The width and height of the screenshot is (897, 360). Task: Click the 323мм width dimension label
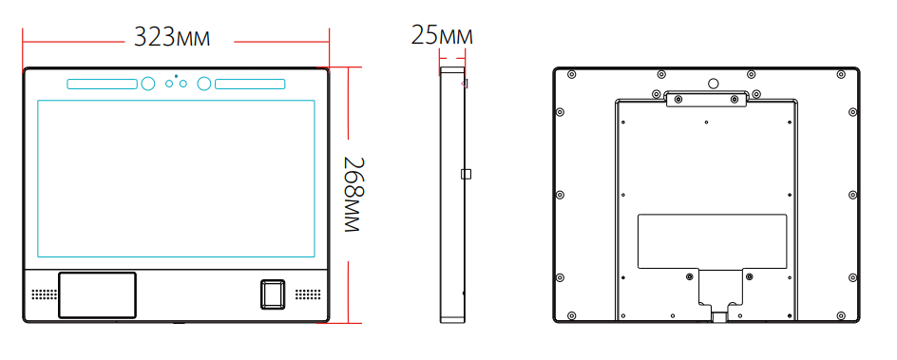pos(172,37)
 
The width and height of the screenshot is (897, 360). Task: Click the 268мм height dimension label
pos(353,194)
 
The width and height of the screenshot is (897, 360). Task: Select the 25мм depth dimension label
pos(442,35)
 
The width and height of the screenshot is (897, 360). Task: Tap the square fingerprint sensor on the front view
pos(273,294)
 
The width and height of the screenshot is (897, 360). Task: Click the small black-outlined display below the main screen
pos(97,294)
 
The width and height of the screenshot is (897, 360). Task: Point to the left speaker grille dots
pos(44,294)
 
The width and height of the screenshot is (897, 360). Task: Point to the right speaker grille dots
pos(307,294)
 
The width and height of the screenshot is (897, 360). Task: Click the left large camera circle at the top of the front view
pos(147,84)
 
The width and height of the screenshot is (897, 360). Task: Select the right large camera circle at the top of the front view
pos(204,84)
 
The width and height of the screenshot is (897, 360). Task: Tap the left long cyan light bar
pos(103,84)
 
